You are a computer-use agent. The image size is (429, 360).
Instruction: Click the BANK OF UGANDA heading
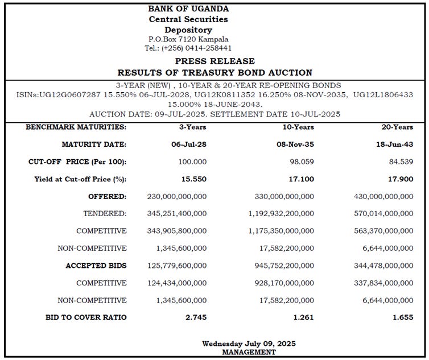click(188, 9)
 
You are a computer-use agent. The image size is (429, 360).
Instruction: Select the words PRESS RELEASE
click(214, 61)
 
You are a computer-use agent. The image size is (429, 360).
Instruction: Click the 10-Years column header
click(298, 127)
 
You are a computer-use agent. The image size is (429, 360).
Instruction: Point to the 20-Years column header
click(398, 127)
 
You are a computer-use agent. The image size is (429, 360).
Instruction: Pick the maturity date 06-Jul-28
click(189, 144)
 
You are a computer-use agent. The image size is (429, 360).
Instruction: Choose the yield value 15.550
click(193, 179)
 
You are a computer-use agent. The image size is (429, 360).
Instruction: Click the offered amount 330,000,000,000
click(282, 197)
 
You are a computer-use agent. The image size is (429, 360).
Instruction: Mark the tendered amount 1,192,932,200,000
click(281, 214)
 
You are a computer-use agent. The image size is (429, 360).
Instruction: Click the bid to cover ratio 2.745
click(196, 317)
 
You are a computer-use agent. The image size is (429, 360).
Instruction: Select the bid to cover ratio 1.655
click(403, 317)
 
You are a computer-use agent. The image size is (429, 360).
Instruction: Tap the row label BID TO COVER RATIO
click(86, 317)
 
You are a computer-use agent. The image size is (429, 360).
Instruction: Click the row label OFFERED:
click(107, 197)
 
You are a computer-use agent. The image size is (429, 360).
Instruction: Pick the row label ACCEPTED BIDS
click(96, 266)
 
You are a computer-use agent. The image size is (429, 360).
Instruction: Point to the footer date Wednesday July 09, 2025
click(249, 344)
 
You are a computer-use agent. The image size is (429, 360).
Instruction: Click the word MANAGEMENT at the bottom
click(249, 352)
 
